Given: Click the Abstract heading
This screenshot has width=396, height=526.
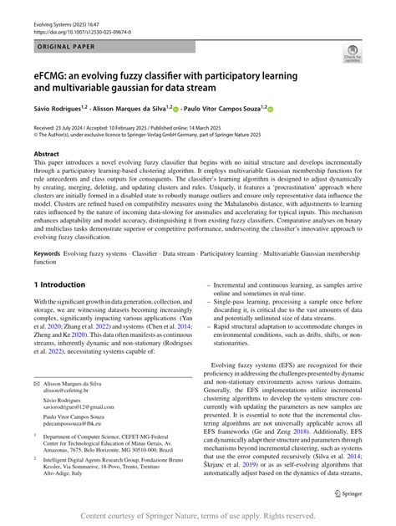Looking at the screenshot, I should pos(47,154).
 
